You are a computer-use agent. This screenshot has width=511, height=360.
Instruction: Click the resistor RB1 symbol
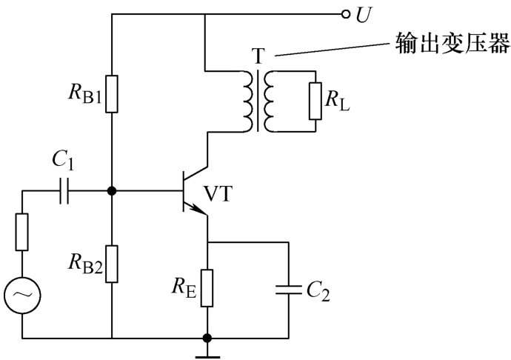click(x=111, y=93)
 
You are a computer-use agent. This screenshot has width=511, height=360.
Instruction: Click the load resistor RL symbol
click(x=315, y=100)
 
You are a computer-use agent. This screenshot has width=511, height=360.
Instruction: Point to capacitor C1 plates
click(x=64, y=192)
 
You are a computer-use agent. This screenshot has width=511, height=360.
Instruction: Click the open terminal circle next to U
click(x=344, y=14)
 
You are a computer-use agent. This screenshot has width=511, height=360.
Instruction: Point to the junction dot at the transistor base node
click(x=111, y=192)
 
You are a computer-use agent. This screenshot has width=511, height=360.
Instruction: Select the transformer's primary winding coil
click(x=245, y=100)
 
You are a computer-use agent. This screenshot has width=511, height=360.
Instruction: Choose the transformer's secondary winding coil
click(x=269, y=100)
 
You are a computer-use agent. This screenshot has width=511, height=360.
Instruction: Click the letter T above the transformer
click(x=257, y=56)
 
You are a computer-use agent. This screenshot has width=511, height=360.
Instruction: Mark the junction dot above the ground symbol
click(x=207, y=339)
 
